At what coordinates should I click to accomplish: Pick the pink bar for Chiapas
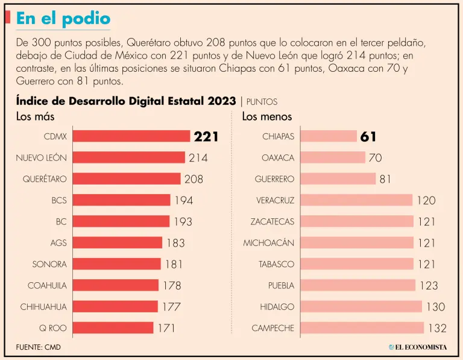[x=329, y=136]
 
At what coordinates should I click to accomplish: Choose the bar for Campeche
[x=362, y=328]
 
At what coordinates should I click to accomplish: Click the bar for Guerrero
[x=338, y=179]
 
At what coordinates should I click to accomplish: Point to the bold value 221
[x=206, y=137]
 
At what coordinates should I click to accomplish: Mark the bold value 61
[x=368, y=137]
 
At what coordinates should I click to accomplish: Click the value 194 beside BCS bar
[x=184, y=201]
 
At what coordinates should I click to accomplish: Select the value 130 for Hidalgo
[x=435, y=307]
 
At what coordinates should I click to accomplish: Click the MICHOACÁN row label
[x=269, y=243]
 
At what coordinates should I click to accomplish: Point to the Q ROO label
[x=53, y=328]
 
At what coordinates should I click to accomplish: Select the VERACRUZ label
[x=275, y=200]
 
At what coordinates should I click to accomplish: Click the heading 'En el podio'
[x=63, y=18]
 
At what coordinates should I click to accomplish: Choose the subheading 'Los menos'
[x=267, y=117]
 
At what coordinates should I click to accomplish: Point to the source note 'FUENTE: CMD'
[x=39, y=347]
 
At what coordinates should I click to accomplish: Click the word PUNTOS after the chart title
[x=262, y=103]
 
